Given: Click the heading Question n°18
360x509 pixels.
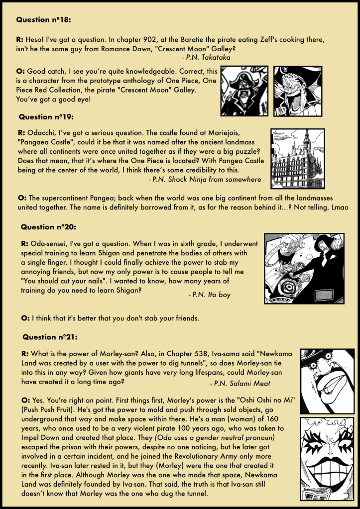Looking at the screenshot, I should coord(43,20).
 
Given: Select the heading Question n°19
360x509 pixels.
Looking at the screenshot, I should coord(46,117).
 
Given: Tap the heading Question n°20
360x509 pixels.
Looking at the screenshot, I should coord(48,227).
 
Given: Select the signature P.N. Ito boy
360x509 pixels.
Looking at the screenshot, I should coord(209,295).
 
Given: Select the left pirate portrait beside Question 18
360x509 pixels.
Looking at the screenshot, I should coord(243,91).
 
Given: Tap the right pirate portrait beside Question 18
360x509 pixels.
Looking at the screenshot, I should coord(298,91).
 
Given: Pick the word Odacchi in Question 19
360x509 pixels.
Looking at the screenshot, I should coord(41,133).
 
